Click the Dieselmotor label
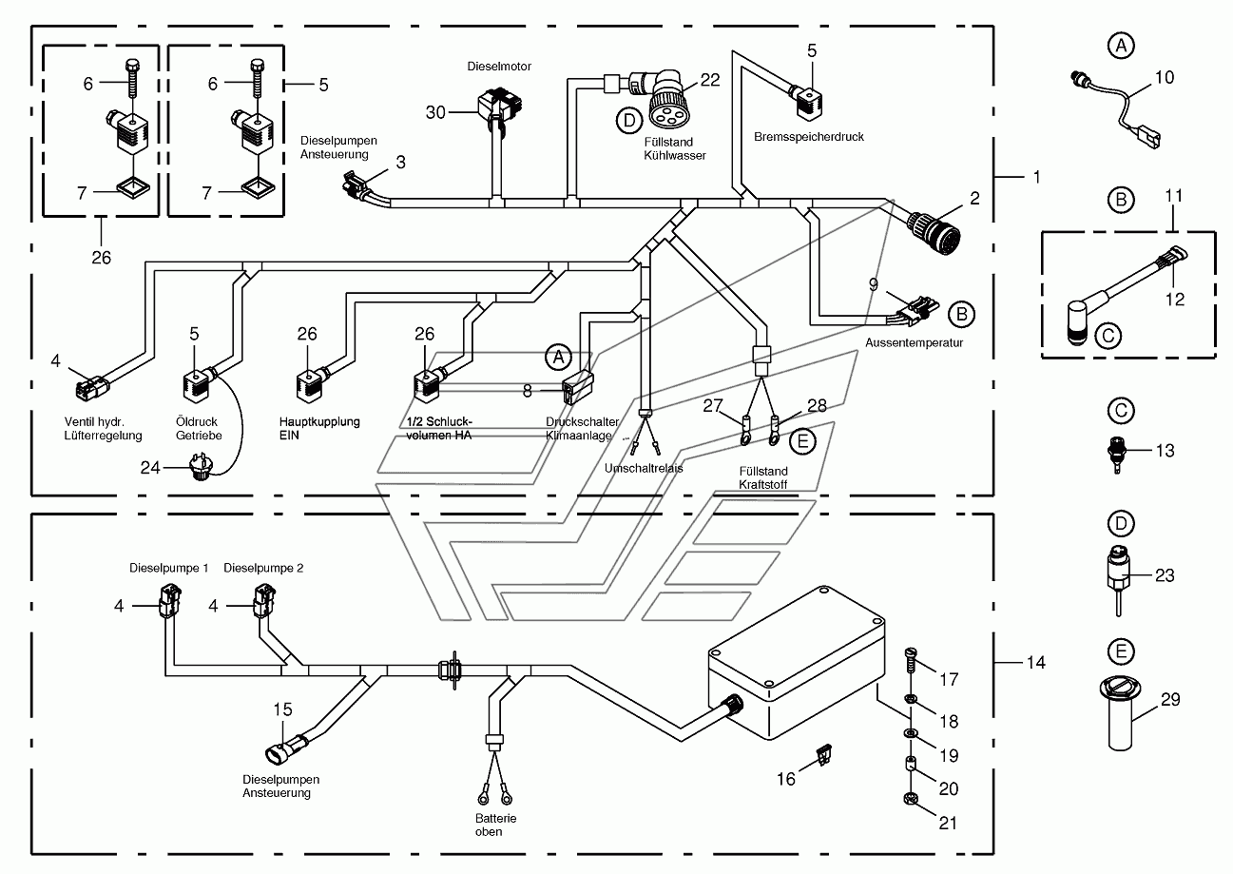click(499, 67)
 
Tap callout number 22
click(709, 81)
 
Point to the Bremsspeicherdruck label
click(809, 137)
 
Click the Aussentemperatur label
click(914, 342)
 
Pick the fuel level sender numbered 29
click(1120, 714)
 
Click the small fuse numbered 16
click(824, 754)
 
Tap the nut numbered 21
click(911, 799)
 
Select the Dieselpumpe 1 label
click(168, 568)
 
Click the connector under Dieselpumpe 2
click(263, 602)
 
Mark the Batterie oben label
click(495, 825)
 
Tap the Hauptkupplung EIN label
click(319, 429)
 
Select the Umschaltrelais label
click(644, 468)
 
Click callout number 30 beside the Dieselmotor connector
click(435, 112)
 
